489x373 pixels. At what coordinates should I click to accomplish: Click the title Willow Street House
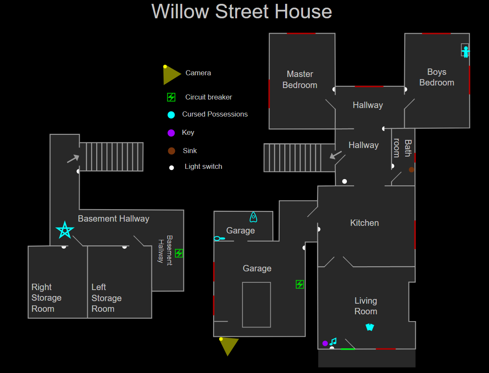242,11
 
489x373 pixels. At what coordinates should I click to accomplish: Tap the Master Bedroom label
300,80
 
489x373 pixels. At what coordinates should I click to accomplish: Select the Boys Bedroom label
437,77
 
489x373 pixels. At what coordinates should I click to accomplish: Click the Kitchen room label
364,223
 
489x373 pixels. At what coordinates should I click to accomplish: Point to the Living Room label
366,306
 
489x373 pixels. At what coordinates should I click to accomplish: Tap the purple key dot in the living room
325,343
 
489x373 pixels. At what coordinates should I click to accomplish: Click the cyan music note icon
333,342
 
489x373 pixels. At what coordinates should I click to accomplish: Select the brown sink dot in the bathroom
412,170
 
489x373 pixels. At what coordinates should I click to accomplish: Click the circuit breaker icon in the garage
300,284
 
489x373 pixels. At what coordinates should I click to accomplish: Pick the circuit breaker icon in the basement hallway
179,253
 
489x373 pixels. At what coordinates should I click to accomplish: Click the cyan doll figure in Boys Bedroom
466,51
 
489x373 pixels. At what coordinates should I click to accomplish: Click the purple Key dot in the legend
171,133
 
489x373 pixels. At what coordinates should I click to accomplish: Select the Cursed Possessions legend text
215,114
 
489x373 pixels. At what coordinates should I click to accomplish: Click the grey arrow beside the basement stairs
73,159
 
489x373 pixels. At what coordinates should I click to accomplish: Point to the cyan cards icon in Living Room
369,327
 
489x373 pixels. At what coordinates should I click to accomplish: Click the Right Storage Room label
46,298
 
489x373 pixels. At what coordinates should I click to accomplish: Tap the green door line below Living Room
348,349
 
